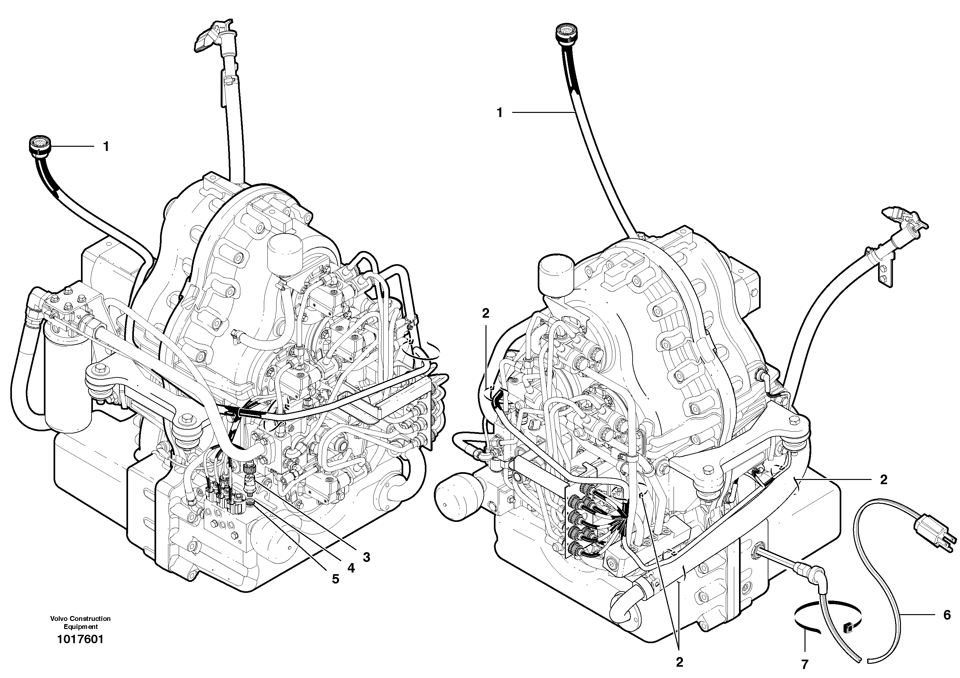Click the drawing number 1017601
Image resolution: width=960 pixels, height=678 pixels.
[80, 639]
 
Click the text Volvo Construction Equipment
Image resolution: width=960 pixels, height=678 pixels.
[80, 623]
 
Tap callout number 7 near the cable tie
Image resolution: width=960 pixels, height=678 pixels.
[805, 664]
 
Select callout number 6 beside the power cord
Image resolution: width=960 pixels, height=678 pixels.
[947, 614]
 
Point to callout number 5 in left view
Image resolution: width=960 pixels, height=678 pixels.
[335, 579]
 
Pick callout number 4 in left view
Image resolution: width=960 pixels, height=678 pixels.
[351, 568]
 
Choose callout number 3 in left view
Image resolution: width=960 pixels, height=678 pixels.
[366, 557]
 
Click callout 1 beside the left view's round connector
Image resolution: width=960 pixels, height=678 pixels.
[106, 146]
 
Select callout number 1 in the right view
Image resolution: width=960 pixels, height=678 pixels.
[499, 113]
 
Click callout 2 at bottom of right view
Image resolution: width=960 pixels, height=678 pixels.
[679, 662]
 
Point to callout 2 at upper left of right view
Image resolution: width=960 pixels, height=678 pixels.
[485, 313]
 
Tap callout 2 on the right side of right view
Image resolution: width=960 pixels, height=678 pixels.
[884, 479]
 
